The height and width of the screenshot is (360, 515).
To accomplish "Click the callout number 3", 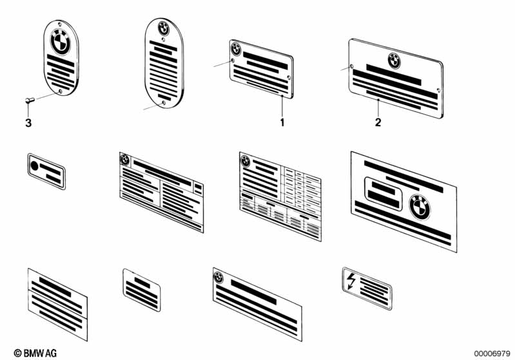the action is (x=28, y=123).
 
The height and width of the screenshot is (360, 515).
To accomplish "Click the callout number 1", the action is (x=282, y=123).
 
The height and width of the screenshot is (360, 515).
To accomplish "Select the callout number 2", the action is (x=378, y=122).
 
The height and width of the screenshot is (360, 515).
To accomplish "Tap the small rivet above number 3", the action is (x=30, y=100).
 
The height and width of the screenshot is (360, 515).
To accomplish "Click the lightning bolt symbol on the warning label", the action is (x=351, y=281).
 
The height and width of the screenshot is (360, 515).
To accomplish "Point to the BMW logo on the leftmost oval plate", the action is (x=61, y=42).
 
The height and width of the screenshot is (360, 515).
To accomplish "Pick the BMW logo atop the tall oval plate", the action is (x=164, y=28).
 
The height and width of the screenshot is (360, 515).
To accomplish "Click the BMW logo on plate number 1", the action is (x=236, y=49).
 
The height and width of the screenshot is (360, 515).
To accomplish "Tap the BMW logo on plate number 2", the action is (x=394, y=61).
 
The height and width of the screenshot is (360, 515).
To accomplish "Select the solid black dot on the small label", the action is (x=35, y=166).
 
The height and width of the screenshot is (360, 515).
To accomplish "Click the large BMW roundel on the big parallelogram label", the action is (x=420, y=207).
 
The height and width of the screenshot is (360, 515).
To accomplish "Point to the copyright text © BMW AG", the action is (x=35, y=353).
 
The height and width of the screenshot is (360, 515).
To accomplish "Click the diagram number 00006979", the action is (x=492, y=354).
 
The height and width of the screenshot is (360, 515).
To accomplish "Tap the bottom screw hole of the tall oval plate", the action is (x=164, y=103).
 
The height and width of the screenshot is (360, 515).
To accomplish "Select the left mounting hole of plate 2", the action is (x=352, y=66).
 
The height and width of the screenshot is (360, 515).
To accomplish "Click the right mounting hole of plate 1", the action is (x=289, y=77).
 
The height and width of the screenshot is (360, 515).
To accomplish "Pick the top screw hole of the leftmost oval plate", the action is (x=59, y=24).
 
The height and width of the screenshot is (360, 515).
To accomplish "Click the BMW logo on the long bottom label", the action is (x=218, y=278).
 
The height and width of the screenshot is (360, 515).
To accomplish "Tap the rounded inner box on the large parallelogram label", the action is (x=384, y=194).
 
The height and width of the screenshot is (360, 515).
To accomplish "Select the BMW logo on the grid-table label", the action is (x=246, y=161).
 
